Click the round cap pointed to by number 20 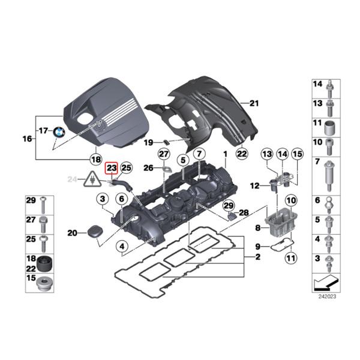pos(94,233)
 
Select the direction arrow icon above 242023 pos(327,280)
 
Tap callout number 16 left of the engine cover pos(27,139)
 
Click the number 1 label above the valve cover pos(225,154)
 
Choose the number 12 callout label pos(255,186)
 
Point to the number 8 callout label pos(257,227)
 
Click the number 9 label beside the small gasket pos(257,246)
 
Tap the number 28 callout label pos(244,212)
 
